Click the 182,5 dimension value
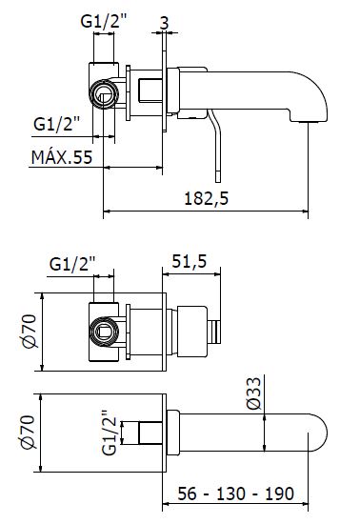pos(207,198)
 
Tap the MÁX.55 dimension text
pos(62,157)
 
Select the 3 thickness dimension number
pos(165,23)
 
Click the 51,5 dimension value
pos(190,261)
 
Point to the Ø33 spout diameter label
pos(253,393)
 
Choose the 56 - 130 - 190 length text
pos(236,494)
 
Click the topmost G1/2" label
pos(104,21)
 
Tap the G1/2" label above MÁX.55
pos(57,124)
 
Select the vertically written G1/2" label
pos(110,433)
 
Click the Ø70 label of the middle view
pos(30,332)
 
